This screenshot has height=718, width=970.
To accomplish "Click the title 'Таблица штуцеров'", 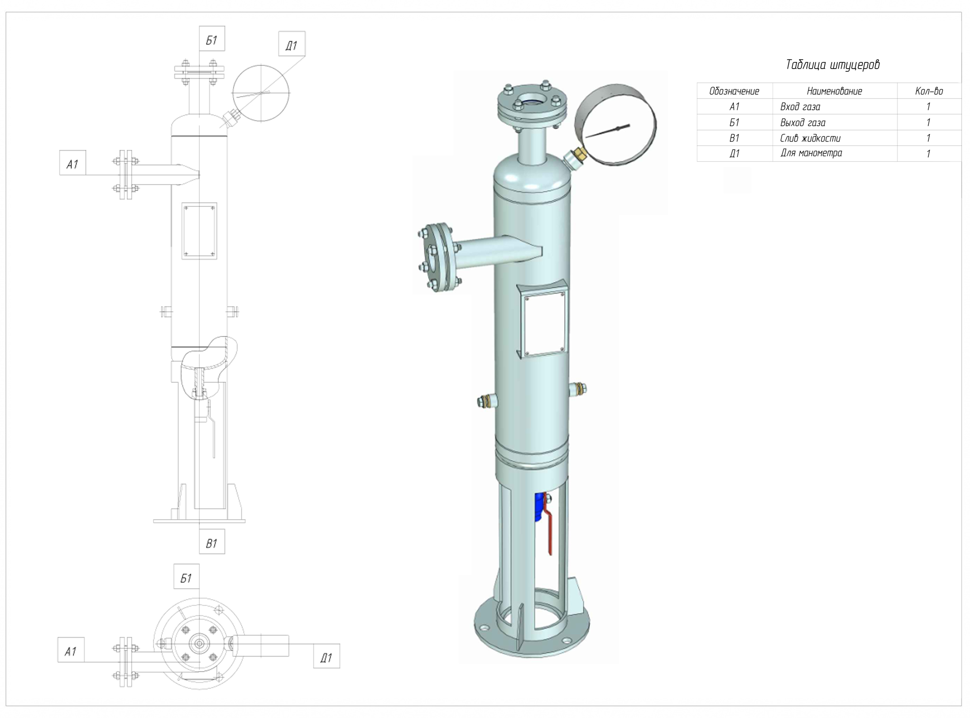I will pyautogui.click(x=832, y=64).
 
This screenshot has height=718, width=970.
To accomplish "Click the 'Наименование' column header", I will pyautogui.click(x=834, y=91).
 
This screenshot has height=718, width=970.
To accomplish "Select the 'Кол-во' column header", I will pyautogui.click(x=928, y=91).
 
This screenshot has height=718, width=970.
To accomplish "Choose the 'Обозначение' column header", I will pyautogui.click(x=734, y=91).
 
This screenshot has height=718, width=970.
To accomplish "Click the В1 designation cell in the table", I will pyautogui.click(x=734, y=138).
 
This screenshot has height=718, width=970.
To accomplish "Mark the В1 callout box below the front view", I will pyautogui.click(x=212, y=542).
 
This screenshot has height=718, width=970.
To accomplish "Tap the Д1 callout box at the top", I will pyautogui.click(x=291, y=44).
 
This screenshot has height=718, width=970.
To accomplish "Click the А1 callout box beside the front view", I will pyautogui.click(x=72, y=163).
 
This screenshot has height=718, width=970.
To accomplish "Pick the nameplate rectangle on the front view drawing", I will pyautogui.click(x=199, y=231).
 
